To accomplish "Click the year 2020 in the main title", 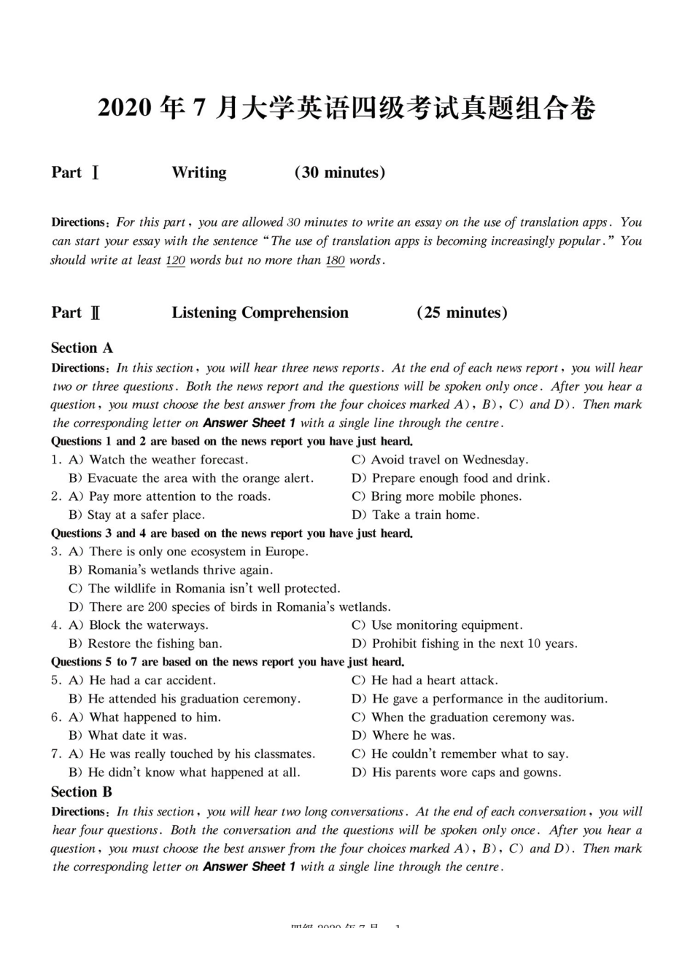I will pyautogui.click(x=125, y=109).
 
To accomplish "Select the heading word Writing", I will pyautogui.click(x=199, y=173).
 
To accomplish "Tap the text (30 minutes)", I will pyautogui.click(x=340, y=173).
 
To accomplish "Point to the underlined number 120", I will pyautogui.click(x=176, y=260).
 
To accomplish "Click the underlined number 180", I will pyautogui.click(x=335, y=260).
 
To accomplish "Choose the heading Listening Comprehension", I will pyautogui.click(x=260, y=313).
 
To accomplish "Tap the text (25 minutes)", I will pyautogui.click(x=462, y=313).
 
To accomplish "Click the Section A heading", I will pyautogui.click(x=82, y=348).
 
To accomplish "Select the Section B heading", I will pyautogui.click(x=82, y=792).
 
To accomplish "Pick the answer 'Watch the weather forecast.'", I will pyautogui.click(x=168, y=460).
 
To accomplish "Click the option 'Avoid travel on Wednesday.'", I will pyautogui.click(x=449, y=460).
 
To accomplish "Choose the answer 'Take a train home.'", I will pyautogui.click(x=425, y=515).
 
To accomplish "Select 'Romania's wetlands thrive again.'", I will pyautogui.click(x=180, y=571).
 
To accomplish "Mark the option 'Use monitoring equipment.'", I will pyautogui.click(x=446, y=625).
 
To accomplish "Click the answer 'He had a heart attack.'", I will pyautogui.click(x=434, y=681).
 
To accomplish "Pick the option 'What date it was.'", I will pyautogui.click(x=137, y=735).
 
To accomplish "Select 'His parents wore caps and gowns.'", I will pyautogui.click(x=466, y=773).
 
